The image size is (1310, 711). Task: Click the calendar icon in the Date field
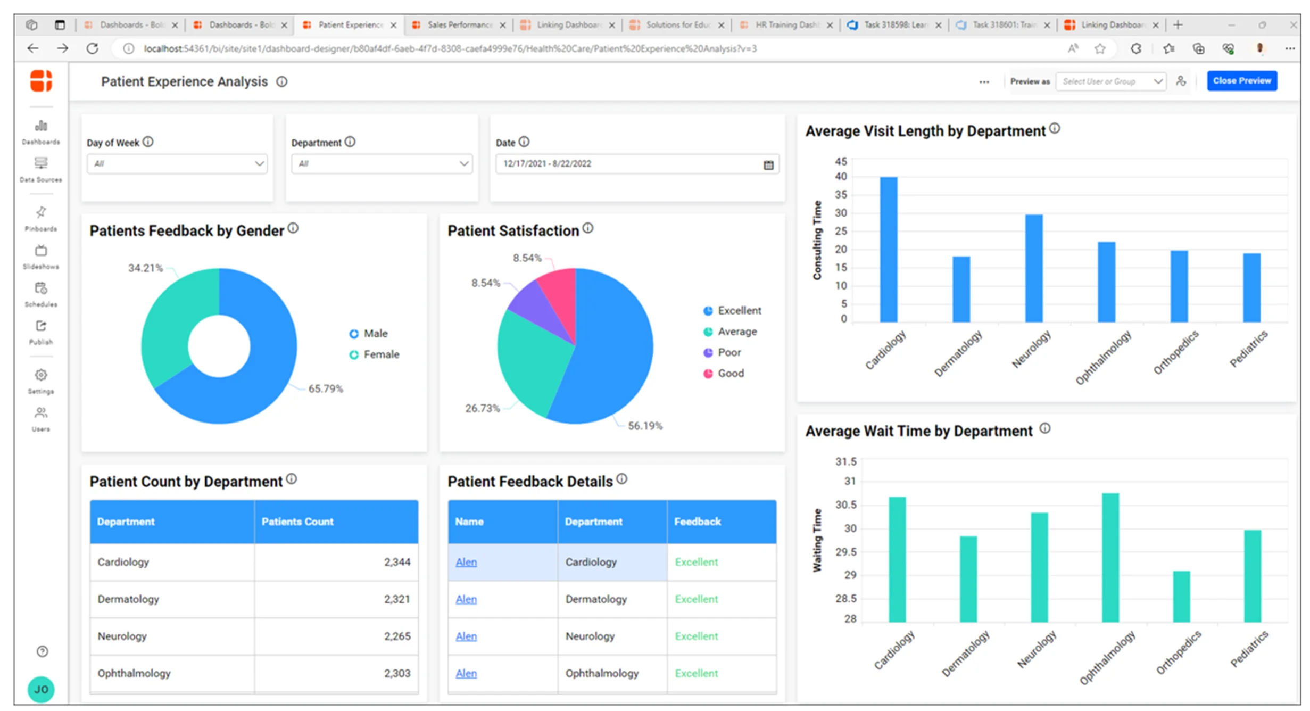pyautogui.click(x=768, y=165)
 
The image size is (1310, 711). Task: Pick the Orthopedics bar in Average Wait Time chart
pyautogui.click(x=1181, y=596)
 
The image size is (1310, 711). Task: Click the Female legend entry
pyautogui.click(x=380, y=354)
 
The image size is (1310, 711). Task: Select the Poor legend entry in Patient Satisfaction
pyautogui.click(x=728, y=352)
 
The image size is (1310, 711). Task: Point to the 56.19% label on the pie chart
pyautogui.click(x=644, y=426)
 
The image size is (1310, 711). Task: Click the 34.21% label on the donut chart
pyautogui.click(x=145, y=268)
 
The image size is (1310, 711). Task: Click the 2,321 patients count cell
pyautogui.click(x=396, y=599)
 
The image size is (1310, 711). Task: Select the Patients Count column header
pyautogui.click(x=297, y=522)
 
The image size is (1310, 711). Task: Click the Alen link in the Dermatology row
pyautogui.click(x=466, y=599)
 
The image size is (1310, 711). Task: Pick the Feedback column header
pyautogui.click(x=697, y=522)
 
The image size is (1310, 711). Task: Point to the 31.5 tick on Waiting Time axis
pyautogui.click(x=845, y=461)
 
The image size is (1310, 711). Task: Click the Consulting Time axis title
pyautogui.click(x=817, y=240)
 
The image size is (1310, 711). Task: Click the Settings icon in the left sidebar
pyautogui.click(x=41, y=376)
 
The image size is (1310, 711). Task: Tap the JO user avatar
pyautogui.click(x=41, y=689)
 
